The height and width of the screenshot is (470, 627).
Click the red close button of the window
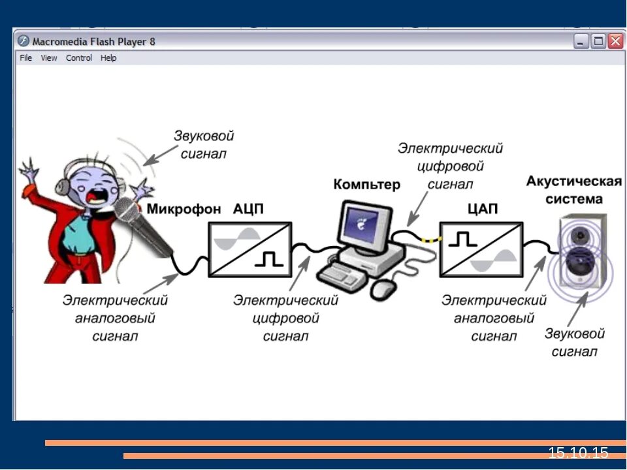(x=615, y=41)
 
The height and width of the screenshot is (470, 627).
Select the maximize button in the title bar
(x=598, y=41)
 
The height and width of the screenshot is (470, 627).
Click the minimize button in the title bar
(x=581, y=41)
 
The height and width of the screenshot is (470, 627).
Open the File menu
(x=25, y=58)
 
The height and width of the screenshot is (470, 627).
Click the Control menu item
(x=79, y=58)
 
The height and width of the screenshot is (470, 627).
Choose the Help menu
(x=108, y=58)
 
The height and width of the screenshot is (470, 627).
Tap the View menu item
(x=49, y=58)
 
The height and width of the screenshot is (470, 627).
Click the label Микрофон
(x=184, y=209)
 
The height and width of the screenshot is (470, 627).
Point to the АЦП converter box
(x=250, y=249)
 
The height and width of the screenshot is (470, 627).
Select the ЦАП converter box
(x=481, y=249)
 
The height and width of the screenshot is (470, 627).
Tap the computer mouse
(x=383, y=288)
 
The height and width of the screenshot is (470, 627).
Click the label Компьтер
(x=366, y=185)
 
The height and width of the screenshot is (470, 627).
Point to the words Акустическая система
(x=573, y=189)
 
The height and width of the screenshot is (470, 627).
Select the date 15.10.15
(x=578, y=452)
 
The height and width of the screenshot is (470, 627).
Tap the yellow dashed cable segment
(x=431, y=240)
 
